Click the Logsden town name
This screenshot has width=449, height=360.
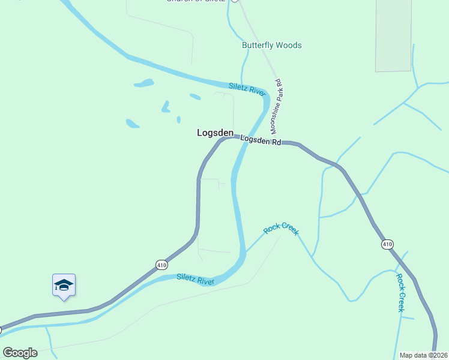click(x=215, y=133)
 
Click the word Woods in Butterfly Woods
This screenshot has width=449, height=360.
click(x=290, y=46)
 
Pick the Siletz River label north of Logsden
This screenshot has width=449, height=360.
click(x=247, y=89)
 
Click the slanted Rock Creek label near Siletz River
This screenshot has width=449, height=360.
click(x=281, y=228)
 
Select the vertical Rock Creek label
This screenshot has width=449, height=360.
click(x=400, y=292)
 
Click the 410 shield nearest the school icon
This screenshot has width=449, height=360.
click(x=161, y=265)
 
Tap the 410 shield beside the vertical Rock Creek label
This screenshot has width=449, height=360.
click(x=387, y=244)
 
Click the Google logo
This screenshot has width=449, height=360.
click(x=20, y=353)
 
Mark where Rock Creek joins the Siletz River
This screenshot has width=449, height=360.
click(x=246, y=251)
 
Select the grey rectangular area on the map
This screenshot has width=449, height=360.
click(x=393, y=36)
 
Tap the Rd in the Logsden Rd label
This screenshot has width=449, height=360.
click(x=276, y=142)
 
